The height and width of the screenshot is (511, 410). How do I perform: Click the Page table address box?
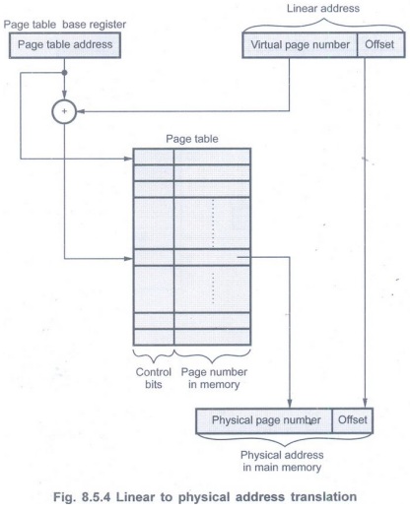(x=65, y=45)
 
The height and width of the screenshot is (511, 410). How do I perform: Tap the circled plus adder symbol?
(x=64, y=111)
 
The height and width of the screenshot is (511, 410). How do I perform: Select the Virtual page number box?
(x=300, y=45)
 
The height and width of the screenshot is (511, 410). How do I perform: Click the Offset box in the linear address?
(x=380, y=45)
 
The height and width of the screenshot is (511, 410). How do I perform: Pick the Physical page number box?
(x=264, y=420)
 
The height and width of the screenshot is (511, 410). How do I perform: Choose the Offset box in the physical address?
(x=353, y=420)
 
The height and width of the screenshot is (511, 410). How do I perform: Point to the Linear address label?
(x=323, y=8)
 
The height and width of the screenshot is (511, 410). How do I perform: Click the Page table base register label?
(x=65, y=25)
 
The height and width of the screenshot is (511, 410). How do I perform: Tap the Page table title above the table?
(x=192, y=139)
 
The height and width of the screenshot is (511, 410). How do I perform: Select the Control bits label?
(x=154, y=378)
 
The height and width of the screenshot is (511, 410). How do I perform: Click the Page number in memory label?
(x=214, y=378)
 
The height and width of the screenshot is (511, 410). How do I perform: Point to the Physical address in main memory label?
(x=282, y=461)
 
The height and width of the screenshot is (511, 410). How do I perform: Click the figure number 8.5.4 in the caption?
(x=96, y=497)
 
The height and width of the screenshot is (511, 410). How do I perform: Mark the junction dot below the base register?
(x=64, y=73)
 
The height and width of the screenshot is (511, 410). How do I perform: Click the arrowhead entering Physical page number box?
(x=290, y=404)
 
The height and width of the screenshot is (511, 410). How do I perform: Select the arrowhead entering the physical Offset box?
(x=365, y=404)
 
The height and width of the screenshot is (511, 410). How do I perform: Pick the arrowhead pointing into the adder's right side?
(x=81, y=111)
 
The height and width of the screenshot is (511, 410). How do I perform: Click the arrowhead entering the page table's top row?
(x=128, y=159)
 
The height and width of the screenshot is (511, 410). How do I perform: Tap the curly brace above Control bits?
(x=154, y=354)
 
